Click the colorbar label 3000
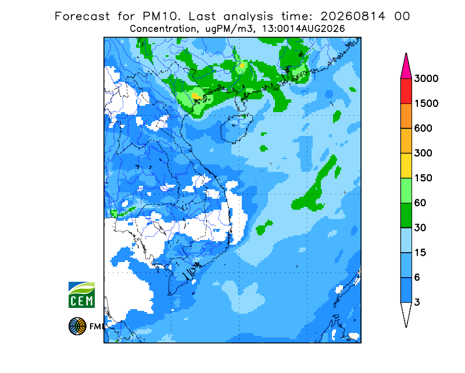click(x=426, y=78)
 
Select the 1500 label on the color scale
click(x=426, y=103)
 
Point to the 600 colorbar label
click(x=423, y=128)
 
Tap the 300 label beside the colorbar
click(x=423, y=153)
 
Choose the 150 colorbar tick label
click(x=423, y=178)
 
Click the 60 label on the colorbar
click(x=420, y=203)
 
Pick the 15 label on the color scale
click(x=420, y=253)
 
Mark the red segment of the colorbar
click(x=406, y=91)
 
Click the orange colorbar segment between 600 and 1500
click(x=406, y=116)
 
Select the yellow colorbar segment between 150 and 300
click(x=406, y=166)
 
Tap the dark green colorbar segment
click(x=406, y=216)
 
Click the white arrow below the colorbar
click(x=406, y=313)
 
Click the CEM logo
click(x=81, y=295)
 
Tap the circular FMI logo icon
click(x=77, y=326)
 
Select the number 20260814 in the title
click(x=353, y=16)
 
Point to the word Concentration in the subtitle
click(x=163, y=29)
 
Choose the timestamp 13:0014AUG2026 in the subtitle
click(x=303, y=29)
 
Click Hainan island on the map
click(x=236, y=130)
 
